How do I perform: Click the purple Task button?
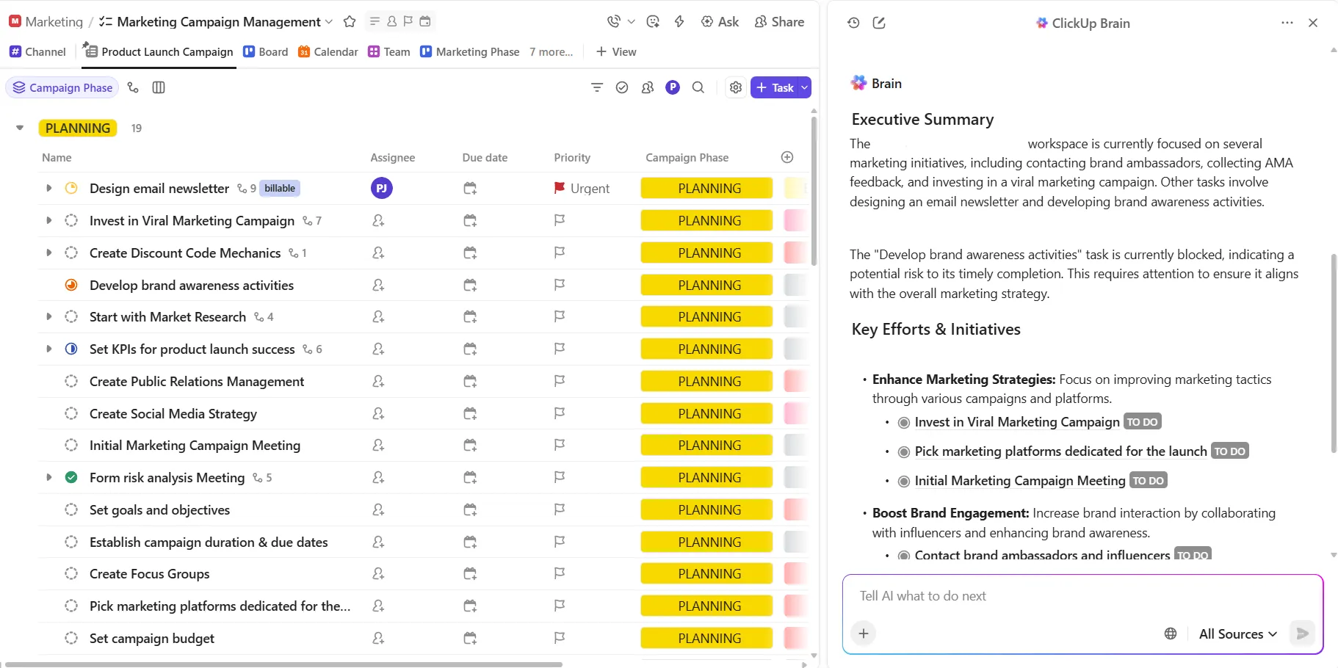click(x=774, y=87)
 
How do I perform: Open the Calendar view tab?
click(x=328, y=51)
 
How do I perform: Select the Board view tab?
click(x=266, y=51)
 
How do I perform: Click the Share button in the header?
click(x=779, y=22)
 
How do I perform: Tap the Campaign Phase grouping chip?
click(x=62, y=87)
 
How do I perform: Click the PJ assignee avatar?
click(x=381, y=188)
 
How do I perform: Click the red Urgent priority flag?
click(x=560, y=188)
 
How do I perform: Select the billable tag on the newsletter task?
click(x=280, y=188)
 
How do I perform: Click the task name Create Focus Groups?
click(x=150, y=574)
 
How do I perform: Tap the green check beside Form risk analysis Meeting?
click(x=71, y=477)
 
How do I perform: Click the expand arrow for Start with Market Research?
click(x=49, y=317)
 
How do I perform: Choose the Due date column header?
click(x=485, y=157)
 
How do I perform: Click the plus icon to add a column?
click(x=787, y=157)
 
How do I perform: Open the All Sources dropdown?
click(x=1238, y=633)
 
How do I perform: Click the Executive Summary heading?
click(x=922, y=119)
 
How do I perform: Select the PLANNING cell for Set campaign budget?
click(x=706, y=638)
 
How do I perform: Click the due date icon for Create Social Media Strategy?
click(x=470, y=413)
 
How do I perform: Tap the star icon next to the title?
click(x=350, y=22)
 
